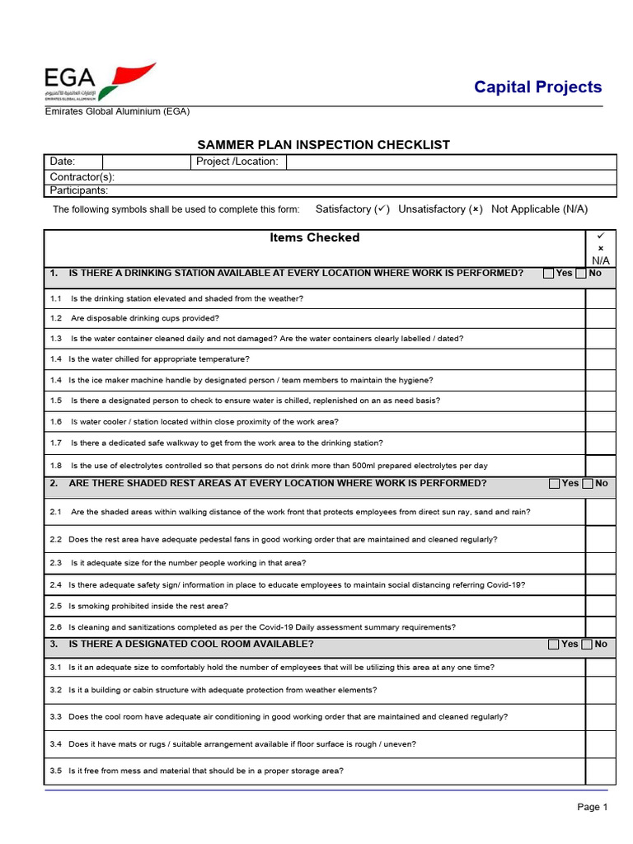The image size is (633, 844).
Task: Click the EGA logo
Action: coord(99,82)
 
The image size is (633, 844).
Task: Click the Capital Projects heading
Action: coord(537,87)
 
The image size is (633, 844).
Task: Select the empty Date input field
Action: coord(146,162)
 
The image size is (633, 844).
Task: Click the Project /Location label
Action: coord(237,162)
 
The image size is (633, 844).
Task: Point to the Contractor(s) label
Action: coord(82,176)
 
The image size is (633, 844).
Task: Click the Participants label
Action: coord(79,190)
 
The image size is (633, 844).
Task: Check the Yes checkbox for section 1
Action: coord(549,274)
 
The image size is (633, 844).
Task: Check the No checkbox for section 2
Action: coord(588,484)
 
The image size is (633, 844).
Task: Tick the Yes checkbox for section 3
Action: coord(554,645)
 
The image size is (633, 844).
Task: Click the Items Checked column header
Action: coord(315,237)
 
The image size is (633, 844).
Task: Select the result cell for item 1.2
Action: coord(601,318)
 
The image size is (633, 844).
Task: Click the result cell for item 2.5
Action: coord(601,606)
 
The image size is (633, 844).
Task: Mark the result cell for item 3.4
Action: coord(601,744)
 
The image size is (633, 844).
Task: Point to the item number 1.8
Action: coord(56,466)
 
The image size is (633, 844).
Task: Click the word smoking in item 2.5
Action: coord(91,606)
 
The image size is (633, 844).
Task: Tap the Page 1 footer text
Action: coord(592,807)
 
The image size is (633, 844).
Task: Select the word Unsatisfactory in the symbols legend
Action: coord(433,209)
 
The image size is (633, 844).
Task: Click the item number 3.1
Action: coord(56,667)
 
